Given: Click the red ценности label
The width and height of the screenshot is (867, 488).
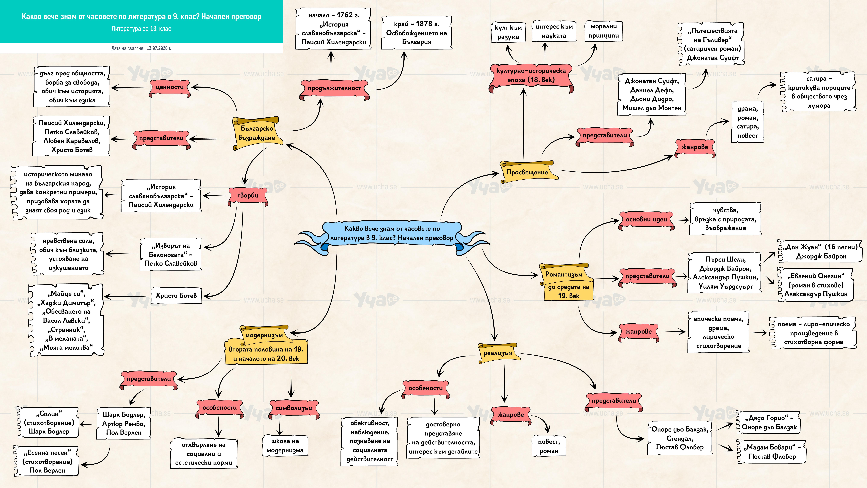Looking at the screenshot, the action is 170,88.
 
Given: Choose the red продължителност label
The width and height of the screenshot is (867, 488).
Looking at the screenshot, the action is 334,89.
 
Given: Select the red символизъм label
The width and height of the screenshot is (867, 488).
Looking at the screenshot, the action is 294,408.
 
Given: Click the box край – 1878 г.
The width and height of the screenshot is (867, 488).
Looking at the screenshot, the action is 417,33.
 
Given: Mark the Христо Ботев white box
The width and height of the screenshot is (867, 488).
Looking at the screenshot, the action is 176,296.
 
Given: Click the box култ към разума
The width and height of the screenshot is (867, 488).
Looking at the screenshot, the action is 508,32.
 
